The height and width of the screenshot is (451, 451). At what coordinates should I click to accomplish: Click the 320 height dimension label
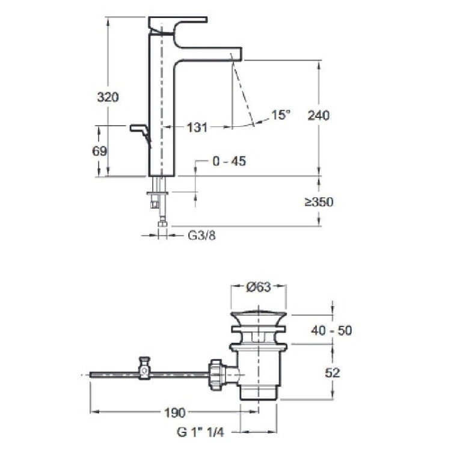click(108, 96)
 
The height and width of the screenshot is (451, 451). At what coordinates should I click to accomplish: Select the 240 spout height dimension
click(318, 115)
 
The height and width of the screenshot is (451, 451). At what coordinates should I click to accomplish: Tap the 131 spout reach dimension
click(197, 127)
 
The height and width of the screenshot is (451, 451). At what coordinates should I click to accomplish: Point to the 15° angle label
click(280, 115)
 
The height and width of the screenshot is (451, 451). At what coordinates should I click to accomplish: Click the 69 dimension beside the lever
click(100, 151)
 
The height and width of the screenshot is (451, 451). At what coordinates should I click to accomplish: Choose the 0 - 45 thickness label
click(230, 161)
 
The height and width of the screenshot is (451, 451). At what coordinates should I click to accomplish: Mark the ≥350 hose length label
click(318, 202)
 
